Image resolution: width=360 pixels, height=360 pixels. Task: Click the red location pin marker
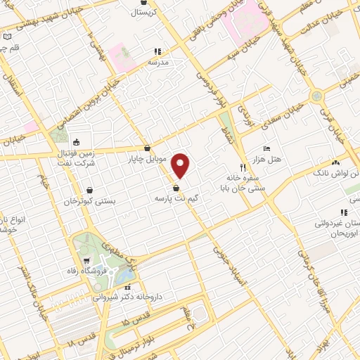coord(181,165)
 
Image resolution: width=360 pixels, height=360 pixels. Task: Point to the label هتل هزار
coord(268,160)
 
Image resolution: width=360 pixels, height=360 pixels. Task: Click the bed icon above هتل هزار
coord(266,149)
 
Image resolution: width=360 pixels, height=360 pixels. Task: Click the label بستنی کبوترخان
coord(89,201)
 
